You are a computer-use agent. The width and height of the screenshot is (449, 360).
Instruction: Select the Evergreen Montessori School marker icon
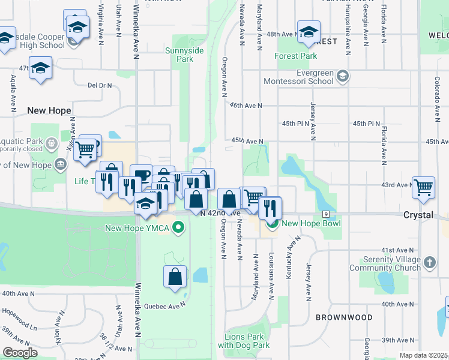(342, 76)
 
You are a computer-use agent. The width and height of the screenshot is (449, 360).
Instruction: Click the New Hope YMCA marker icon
(178, 227)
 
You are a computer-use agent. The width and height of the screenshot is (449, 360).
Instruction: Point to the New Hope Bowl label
(311, 224)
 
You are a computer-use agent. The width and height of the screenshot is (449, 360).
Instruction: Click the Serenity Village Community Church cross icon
(429, 262)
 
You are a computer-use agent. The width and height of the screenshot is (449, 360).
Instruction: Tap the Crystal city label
(418, 215)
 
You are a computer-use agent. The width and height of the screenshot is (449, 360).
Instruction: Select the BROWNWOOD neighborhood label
(343, 317)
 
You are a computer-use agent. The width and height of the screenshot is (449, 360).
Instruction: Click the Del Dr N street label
(100, 85)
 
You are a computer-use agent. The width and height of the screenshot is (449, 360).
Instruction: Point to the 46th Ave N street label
(247, 106)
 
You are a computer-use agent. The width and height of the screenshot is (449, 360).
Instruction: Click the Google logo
(20, 353)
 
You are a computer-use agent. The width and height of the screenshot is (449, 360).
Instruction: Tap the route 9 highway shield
(325, 214)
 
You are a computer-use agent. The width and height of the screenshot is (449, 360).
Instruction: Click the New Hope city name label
(49, 110)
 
